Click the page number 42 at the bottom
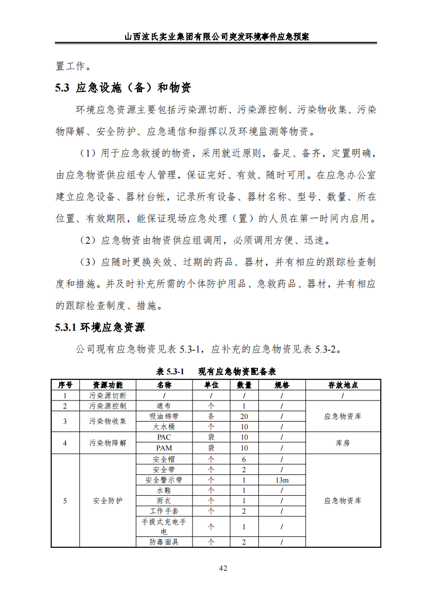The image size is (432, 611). tap(223, 569)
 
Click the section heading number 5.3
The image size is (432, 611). tap(63, 88)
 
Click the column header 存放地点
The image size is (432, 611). tap(343, 385)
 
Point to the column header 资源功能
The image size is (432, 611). tap(108, 385)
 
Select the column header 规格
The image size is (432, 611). tap(282, 385)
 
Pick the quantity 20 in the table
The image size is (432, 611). tap(244, 416)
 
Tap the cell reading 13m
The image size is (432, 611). tap(282, 480)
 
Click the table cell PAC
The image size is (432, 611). tap(164, 437)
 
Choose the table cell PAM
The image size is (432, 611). tap(164, 448)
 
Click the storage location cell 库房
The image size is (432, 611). tap(343, 443)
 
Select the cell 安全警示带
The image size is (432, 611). tap(164, 480)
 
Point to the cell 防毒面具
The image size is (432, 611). tap(164, 542)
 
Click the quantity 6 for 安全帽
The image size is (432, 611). tap(244, 459)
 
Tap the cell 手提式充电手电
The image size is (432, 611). tap(164, 527)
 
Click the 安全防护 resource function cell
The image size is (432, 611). tap(108, 501)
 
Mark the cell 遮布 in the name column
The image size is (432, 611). tap(164, 406)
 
